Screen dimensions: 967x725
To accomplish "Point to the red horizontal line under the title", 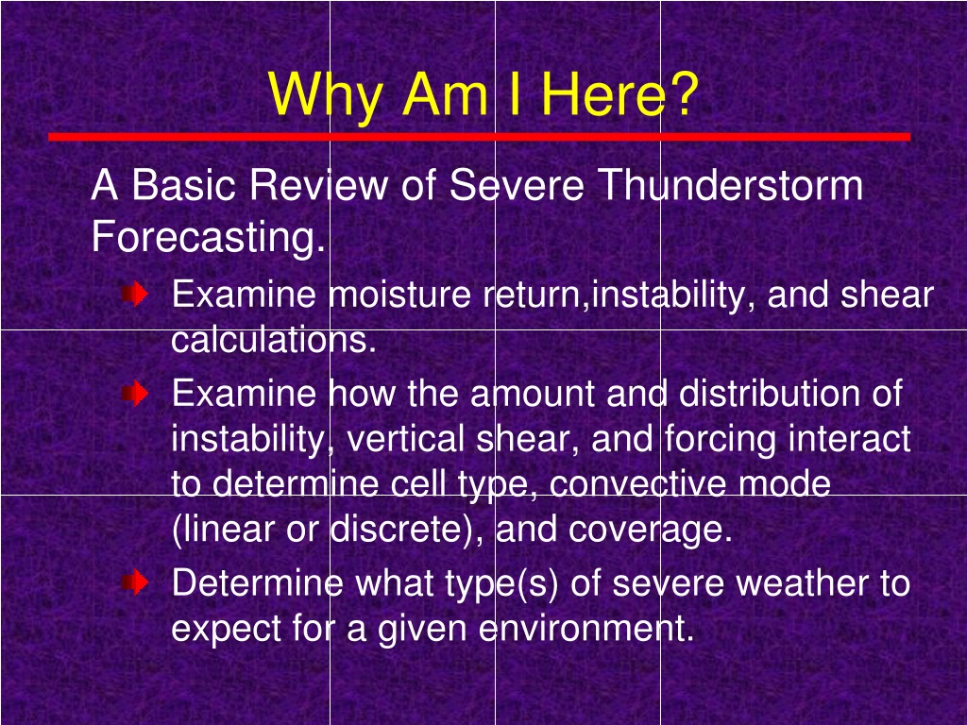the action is [x=479, y=137].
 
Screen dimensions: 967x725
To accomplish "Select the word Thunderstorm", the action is [x=730, y=184].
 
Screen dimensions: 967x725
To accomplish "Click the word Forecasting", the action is [x=208, y=237].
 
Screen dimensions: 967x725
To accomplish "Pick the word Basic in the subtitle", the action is [x=183, y=184].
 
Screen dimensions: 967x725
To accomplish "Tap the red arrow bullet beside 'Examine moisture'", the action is [x=135, y=295].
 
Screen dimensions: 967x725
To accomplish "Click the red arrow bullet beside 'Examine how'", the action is [x=135, y=393].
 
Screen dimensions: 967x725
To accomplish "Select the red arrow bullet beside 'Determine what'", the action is [x=135, y=582].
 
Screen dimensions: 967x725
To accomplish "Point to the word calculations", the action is [x=273, y=340].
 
